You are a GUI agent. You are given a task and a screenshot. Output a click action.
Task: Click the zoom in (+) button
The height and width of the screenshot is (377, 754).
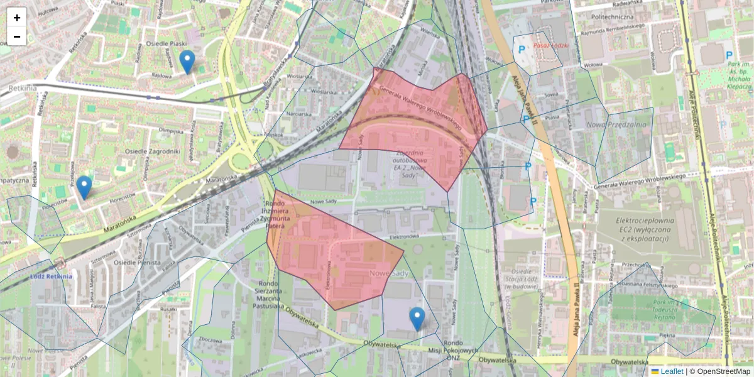click(x=17, y=18)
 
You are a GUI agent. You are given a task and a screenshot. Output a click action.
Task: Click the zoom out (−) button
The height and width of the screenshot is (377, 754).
click(x=17, y=36)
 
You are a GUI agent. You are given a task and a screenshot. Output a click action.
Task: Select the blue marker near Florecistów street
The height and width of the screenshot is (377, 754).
click(x=84, y=187)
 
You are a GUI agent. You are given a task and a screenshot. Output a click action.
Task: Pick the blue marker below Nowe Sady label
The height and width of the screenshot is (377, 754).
click(x=417, y=319)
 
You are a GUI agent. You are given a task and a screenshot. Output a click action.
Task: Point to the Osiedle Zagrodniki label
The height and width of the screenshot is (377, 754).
click(x=153, y=151)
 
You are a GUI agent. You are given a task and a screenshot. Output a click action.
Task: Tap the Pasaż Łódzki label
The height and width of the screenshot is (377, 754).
click(x=550, y=46)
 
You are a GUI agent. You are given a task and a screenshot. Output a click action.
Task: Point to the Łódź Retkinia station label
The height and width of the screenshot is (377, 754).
click(x=50, y=276)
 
